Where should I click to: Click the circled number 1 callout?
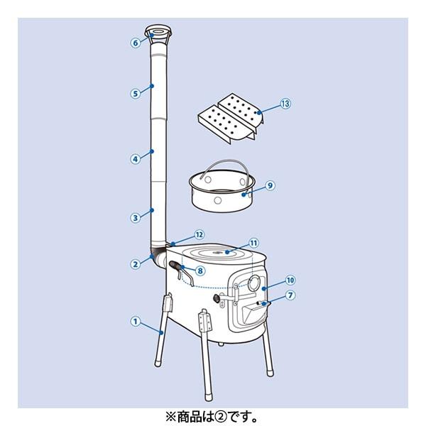point(136,322)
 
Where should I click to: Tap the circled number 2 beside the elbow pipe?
point(136,264)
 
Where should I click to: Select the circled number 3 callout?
point(136,218)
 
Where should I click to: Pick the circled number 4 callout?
point(136,159)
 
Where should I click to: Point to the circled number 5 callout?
point(136,94)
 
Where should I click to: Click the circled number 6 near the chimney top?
point(136,43)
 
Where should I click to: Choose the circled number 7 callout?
point(290,295)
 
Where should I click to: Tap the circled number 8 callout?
point(200,271)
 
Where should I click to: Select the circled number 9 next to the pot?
point(270,185)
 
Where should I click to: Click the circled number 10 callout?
point(290,280)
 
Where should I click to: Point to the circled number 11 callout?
point(253,243)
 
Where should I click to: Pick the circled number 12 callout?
point(199,235)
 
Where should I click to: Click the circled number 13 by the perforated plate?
point(285,104)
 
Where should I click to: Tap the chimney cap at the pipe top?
point(158,34)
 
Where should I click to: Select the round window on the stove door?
point(255,283)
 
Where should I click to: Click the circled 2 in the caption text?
point(222,417)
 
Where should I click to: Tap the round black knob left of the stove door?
point(217,299)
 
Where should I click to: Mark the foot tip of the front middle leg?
point(208,398)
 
